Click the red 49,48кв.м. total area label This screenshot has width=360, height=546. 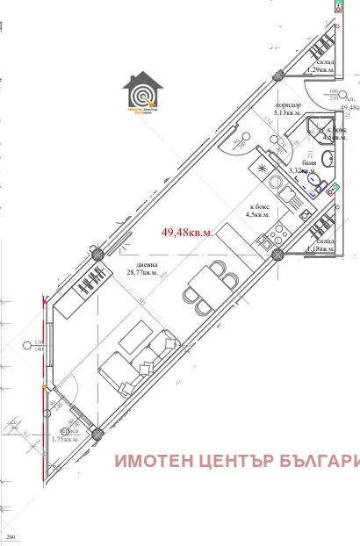tap(186, 232)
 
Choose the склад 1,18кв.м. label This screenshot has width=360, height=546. tap(320, 245)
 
